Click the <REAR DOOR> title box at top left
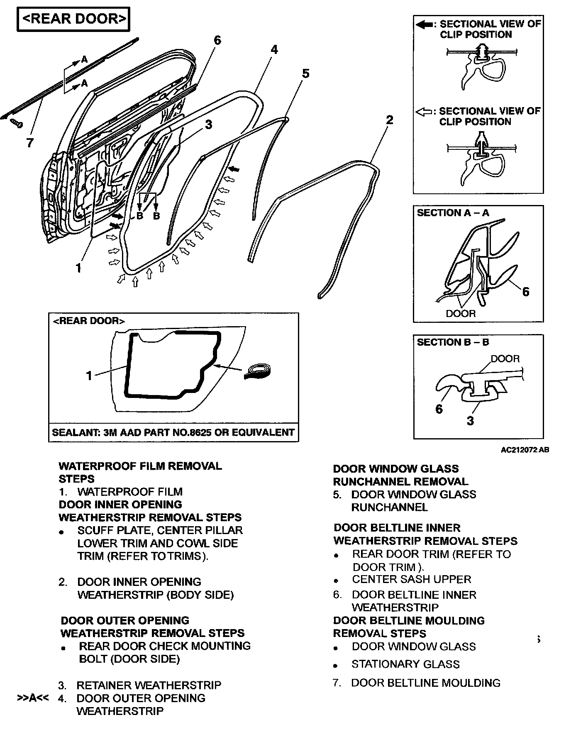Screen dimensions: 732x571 (73, 19)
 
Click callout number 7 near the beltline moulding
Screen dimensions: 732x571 (29, 143)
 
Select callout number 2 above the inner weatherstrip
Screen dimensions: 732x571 (389, 120)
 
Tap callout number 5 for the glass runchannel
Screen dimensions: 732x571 (305, 74)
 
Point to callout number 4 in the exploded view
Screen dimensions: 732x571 (274, 50)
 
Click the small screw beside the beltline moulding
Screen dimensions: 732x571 (16, 123)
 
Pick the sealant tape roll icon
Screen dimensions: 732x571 (258, 371)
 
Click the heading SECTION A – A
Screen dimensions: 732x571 (453, 213)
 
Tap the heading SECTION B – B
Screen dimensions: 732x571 (453, 342)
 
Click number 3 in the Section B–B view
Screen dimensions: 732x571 (470, 421)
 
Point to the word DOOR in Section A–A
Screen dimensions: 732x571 (461, 313)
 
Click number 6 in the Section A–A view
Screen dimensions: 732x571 (525, 292)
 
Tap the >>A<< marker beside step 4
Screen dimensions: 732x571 (33, 698)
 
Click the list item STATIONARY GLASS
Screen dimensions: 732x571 (405, 664)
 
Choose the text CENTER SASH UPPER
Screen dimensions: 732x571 (412, 579)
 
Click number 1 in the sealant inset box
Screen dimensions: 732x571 (89, 376)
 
